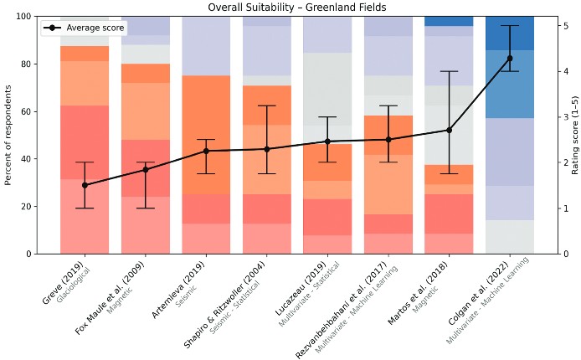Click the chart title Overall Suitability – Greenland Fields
[290, 8]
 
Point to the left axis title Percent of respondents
[9, 135]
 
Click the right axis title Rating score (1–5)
[575, 135]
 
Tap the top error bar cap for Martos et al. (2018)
[449, 71]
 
